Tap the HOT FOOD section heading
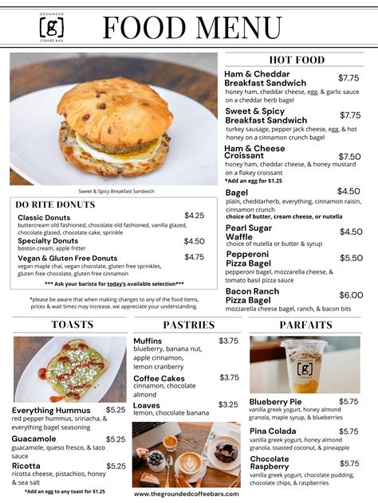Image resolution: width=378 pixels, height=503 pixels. pos(297,60)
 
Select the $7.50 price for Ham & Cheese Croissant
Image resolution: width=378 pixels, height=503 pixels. pos(349,157)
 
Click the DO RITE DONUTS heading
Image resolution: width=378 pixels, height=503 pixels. pos(55,205)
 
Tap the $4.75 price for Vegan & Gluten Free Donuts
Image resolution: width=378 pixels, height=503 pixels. pos(194,257)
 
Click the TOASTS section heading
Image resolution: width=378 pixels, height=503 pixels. pos(72,325)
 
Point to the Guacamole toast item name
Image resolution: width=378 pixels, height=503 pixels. pos(34,439)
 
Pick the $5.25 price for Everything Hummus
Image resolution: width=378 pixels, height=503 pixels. pos(116,410)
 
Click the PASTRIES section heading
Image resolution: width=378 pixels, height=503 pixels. pos(189,325)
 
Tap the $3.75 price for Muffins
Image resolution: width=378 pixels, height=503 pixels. pos(228,341)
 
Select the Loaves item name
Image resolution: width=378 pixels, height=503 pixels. pos(148,404)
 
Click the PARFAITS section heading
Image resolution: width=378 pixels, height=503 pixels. pos(305,325)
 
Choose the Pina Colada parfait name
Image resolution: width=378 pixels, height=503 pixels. pos(273,431)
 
